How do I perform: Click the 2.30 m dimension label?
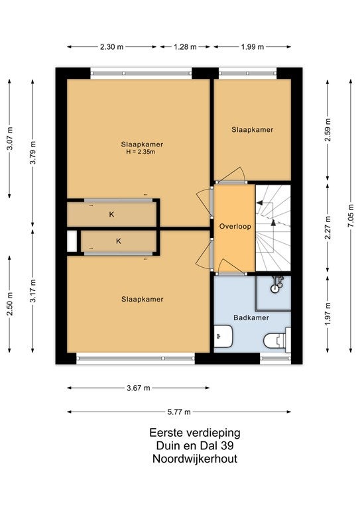pos(111,47)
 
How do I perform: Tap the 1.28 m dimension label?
pos(185,47)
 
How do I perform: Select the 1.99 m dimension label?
pos(252,47)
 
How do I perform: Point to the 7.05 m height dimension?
pos(351,216)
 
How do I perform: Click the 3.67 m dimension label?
pos(139,388)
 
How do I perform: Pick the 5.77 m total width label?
pos(179,412)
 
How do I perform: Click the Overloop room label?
pos(235,226)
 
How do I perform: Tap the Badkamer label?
pos(251,317)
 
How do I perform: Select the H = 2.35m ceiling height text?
pos(141,152)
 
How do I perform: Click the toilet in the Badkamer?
pos(277,340)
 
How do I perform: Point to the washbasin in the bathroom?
pos(223,337)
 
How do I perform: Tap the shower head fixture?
pos(277,283)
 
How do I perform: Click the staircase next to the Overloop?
pos(273,227)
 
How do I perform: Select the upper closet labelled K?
pos(111,214)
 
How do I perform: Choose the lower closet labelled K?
pos(119,241)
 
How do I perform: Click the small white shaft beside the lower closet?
pos(72,241)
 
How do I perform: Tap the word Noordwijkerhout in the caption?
pos(195,459)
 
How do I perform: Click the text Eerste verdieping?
pos(195,433)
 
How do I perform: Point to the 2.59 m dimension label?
pos(328,129)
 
